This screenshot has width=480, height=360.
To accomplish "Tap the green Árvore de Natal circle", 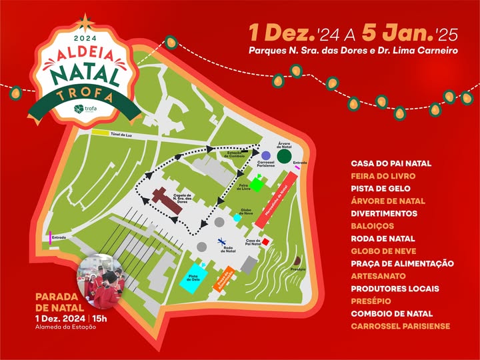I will pyautogui.click(x=283, y=157).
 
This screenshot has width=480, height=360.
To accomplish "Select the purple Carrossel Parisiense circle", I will pyautogui.click(x=265, y=155).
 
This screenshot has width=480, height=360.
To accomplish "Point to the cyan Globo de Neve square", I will pyautogui.click(x=237, y=218).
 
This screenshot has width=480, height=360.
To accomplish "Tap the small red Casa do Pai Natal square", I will pyautogui.click(x=265, y=241).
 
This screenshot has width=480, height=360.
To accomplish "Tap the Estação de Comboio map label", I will pyautogui.click(x=238, y=155).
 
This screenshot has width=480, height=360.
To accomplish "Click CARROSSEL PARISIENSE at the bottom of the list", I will pyautogui.click(x=400, y=326).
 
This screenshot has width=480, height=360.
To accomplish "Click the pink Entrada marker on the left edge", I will pyautogui.click(x=50, y=237).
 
